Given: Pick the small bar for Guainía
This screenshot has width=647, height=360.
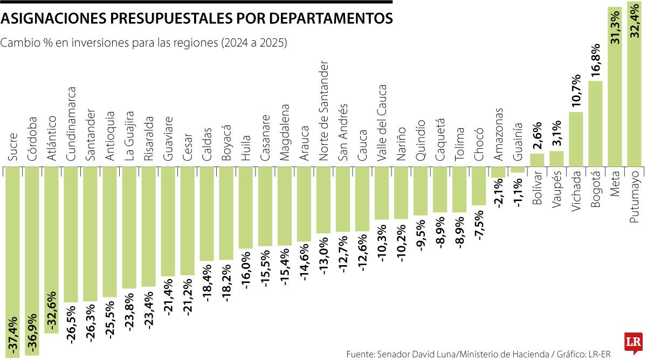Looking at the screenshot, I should [x=518, y=169].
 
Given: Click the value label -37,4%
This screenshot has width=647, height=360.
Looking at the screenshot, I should [x=13, y=334].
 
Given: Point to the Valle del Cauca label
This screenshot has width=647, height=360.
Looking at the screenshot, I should [x=382, y=122].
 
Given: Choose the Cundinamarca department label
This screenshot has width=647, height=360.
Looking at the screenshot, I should [x=71, y=124].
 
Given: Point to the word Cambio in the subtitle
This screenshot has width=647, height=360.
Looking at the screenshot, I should [x=18, y=43].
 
